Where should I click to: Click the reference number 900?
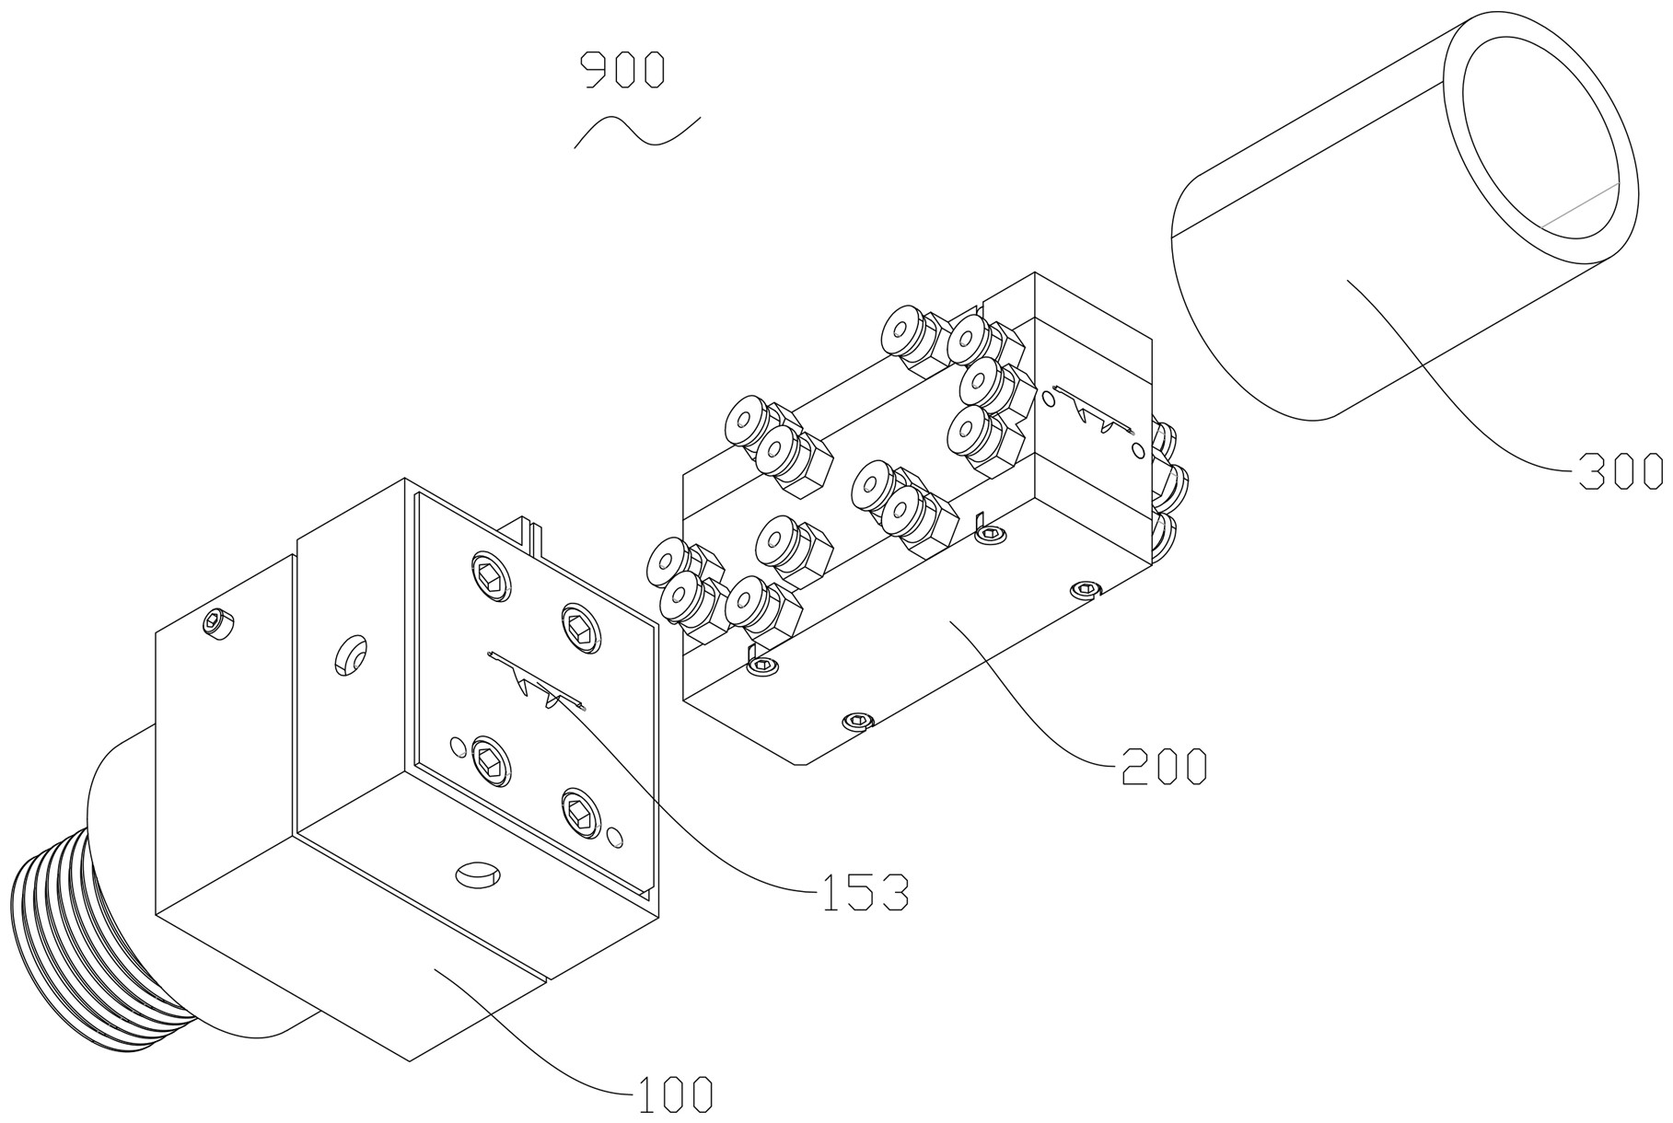pos(622,71)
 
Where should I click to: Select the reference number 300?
pos(1620,471)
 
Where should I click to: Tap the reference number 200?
pos(1163,766)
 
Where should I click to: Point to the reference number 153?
pos(864,892)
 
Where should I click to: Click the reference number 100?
pos(672,1094)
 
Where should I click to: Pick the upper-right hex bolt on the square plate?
pos(580,629)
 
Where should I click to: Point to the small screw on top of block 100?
pos(217,624)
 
